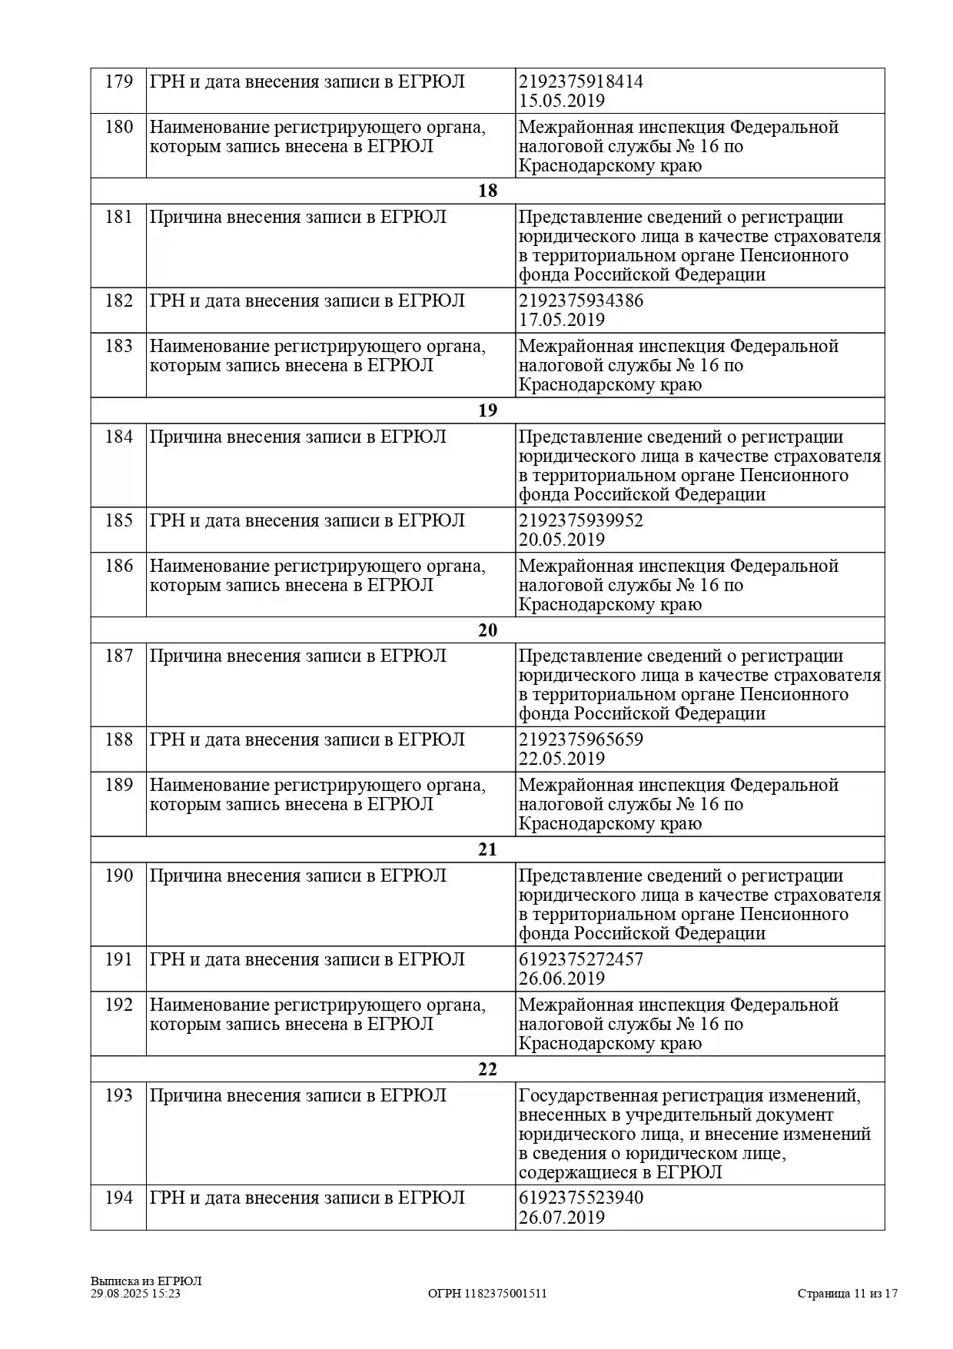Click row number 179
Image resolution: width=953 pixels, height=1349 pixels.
(x=118, y=81)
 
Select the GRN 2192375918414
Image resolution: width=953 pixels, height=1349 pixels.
(x=580, y=81)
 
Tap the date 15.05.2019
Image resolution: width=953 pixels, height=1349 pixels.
(x=561, y=101)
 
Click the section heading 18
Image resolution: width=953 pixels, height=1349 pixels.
(x=487, y=191)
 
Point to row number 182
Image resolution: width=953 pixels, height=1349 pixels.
(x=118, y=301)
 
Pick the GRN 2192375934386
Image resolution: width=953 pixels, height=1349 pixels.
(x=580, y=301)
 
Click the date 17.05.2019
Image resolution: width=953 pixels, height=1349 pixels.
(x=561, y=320)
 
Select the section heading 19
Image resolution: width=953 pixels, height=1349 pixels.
(x=487, y=410)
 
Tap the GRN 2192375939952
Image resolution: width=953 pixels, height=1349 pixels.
(x=580, y=520)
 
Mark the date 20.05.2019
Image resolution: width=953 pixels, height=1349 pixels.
(x=561, y=540)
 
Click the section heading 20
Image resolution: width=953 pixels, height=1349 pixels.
(x=487, y=630)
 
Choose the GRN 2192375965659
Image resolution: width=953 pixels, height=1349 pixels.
(x=580, y=739)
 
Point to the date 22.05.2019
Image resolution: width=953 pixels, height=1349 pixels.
(x=561, y=759)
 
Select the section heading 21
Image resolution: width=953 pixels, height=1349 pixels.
(x=487, y=849)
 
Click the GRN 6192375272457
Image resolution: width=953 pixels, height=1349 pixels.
(x=580, y=959)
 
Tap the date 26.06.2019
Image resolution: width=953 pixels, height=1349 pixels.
(x=561, y=979)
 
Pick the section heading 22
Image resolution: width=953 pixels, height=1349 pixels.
(x=487, y=1069)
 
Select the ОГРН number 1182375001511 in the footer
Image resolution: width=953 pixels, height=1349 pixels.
(x=506, y=1294)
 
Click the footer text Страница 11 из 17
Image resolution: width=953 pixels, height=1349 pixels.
(x=847, y=1294)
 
